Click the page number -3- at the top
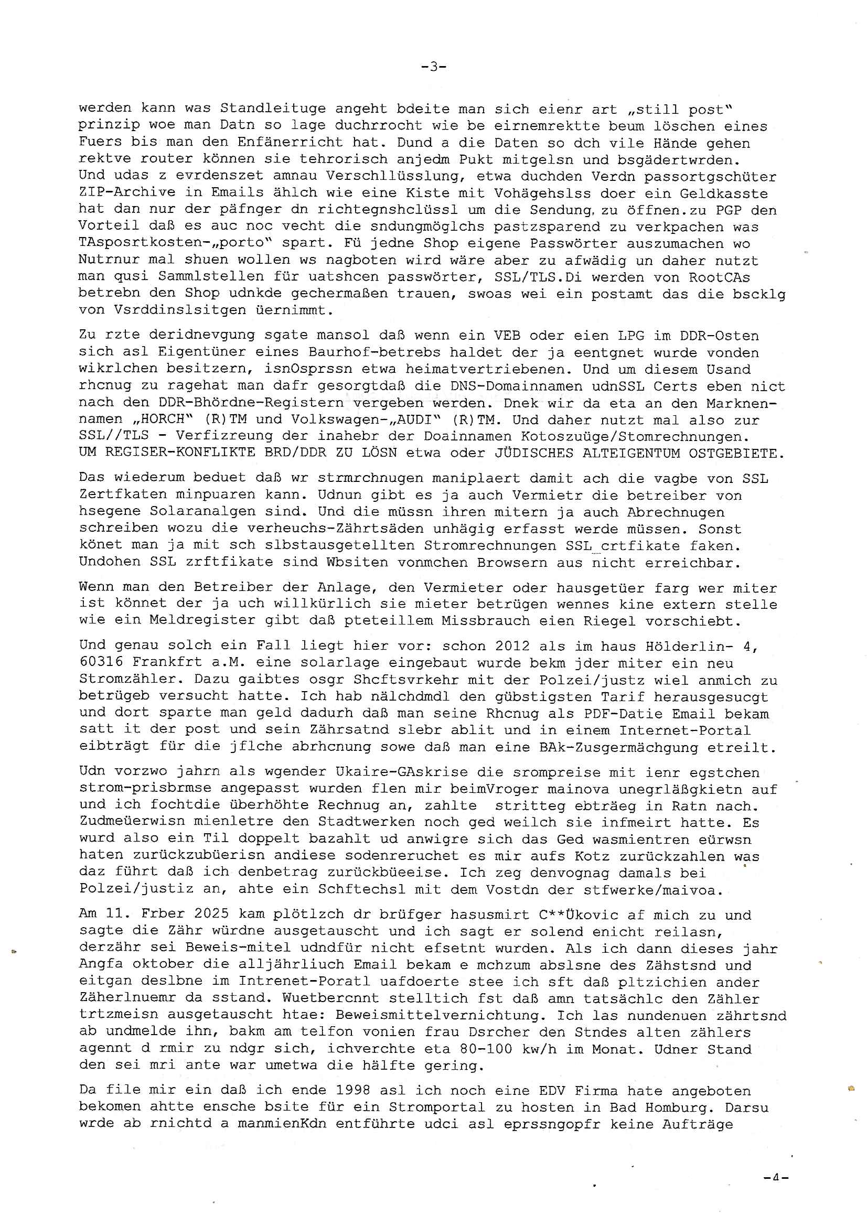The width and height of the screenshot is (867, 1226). point(433,67)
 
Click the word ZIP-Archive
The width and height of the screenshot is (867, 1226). point(126,193)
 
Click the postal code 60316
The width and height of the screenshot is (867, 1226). point(101,663)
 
